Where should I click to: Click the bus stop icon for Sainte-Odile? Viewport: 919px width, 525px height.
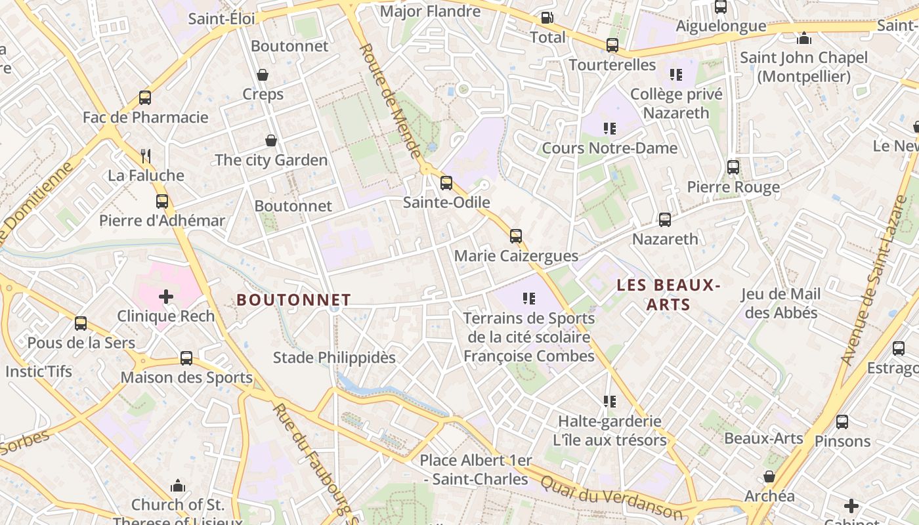tap(446, 183)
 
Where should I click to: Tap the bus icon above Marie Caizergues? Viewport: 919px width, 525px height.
tap(516, 236)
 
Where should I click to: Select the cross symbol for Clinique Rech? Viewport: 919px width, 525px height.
tap(166, 297)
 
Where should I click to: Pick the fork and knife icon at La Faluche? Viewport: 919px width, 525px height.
tap(146, 156)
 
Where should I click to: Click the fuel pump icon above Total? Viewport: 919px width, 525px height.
tap(547, 18)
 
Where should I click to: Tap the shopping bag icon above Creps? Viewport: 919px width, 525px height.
tap(263, 75)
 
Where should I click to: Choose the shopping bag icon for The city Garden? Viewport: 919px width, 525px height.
tap(270, 140)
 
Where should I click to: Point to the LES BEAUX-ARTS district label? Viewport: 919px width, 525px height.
tap(668, 295)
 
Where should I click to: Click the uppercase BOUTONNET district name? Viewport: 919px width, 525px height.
tap(293, 300)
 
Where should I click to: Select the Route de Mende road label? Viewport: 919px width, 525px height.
tap(390, 102)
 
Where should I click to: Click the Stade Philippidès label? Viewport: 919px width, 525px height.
tap(334, 358)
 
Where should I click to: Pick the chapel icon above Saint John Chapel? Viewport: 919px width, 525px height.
tap(804, 38)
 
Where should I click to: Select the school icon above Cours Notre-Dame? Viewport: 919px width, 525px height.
tap(610, 129)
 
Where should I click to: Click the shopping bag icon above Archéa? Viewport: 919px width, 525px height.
tap(769, 476)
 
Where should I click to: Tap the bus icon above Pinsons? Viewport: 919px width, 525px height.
tap(842, 422)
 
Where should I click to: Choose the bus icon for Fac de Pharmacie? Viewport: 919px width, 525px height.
tap(145, 98)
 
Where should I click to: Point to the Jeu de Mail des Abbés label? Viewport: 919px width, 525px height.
tap(781, 303)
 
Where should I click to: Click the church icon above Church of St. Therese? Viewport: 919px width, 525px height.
tap(177, 486)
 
